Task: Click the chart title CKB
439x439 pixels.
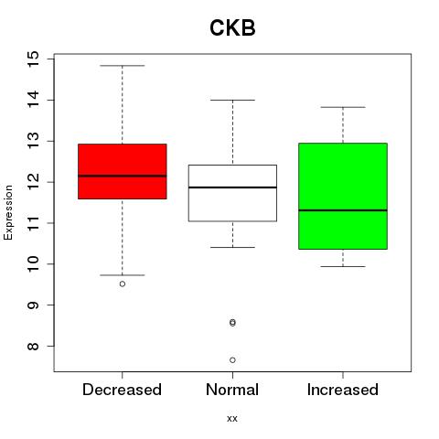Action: coord(232,27)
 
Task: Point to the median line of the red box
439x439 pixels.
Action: coord(123,176)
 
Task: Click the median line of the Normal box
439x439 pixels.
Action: coord(232,187)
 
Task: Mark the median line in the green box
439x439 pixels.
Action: coord(343,210)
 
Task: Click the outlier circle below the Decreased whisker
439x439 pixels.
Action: coord(123,284)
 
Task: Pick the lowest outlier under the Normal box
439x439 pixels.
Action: coord(232,360)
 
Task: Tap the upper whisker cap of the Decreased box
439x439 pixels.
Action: coord(123,66)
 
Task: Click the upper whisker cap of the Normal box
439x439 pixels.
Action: coord(232,100)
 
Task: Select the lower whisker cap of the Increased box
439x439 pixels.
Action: coord(343,266)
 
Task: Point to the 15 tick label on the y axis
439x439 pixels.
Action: coord(33,59)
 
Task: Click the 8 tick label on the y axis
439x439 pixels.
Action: coord(33,346)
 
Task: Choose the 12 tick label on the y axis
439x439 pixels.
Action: coord(33,182)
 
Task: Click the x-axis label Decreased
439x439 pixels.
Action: coord(122,390)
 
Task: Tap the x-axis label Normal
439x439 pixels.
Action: coord(232,390)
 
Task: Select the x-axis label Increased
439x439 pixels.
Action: coord(343,390)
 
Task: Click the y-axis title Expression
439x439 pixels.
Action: coord(8,212)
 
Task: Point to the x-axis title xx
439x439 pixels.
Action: coord(232,419)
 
